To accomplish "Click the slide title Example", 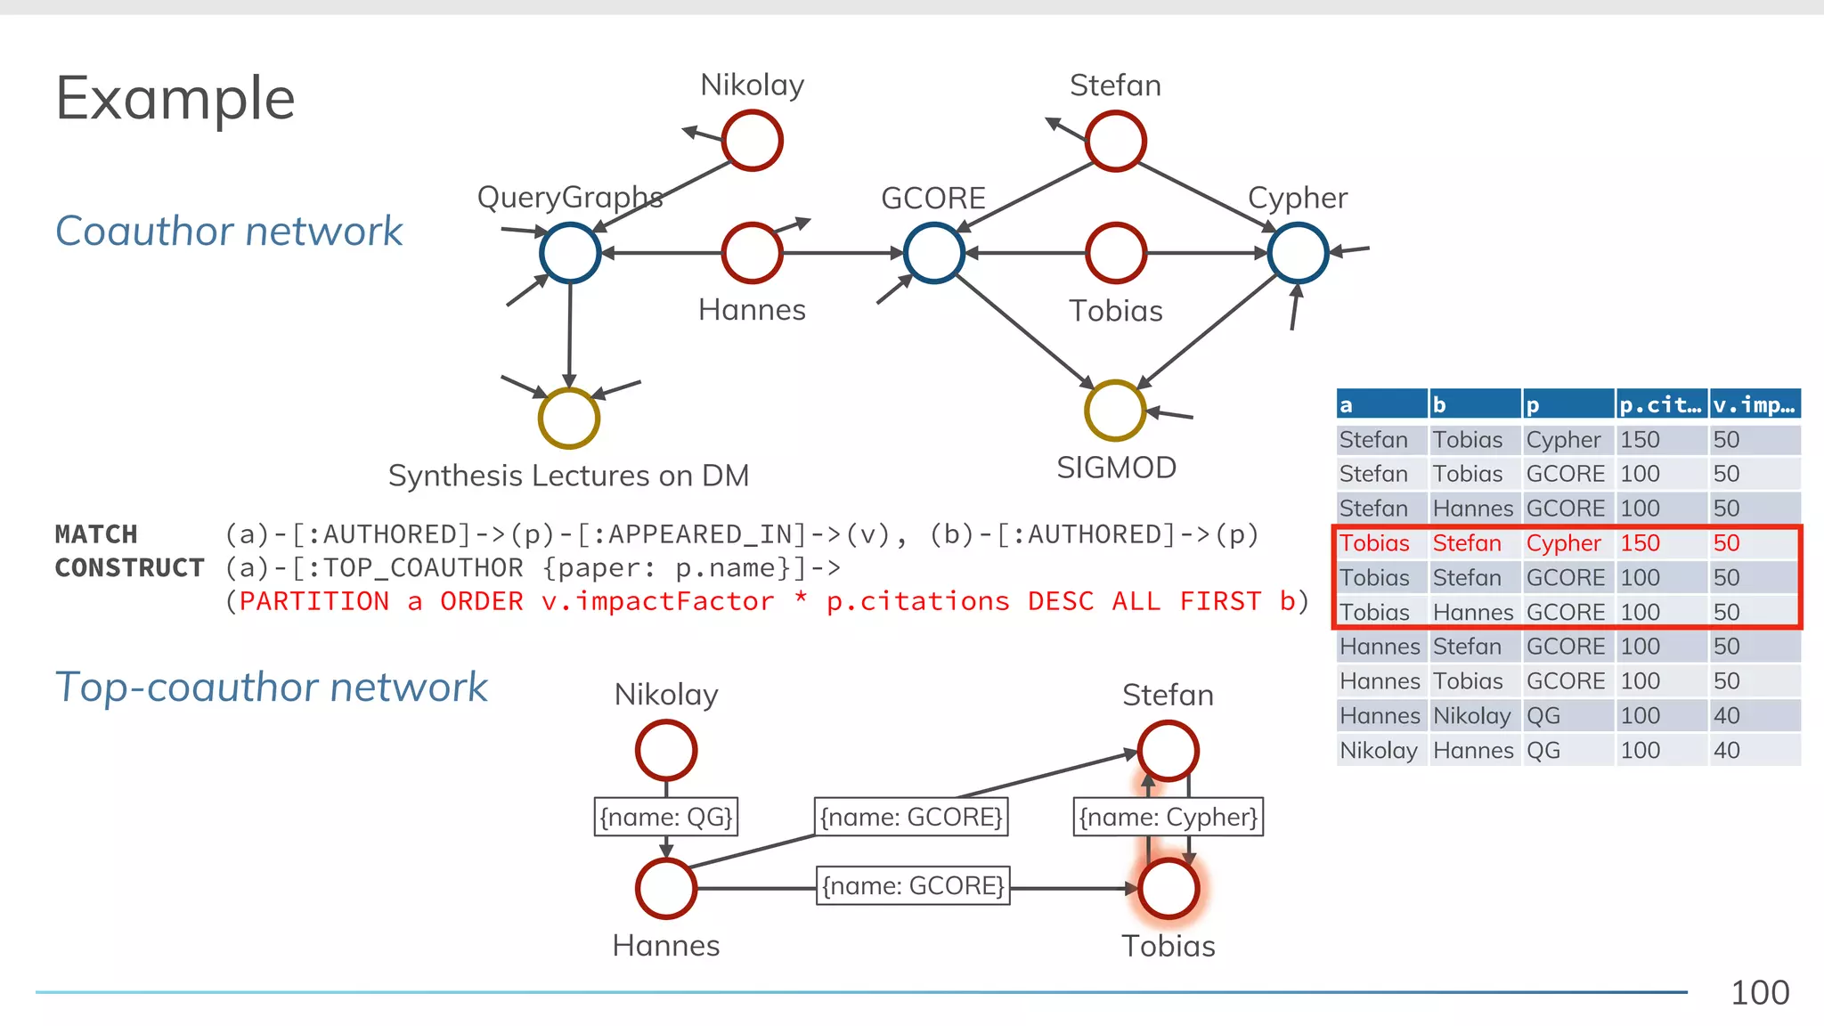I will click(x=175, y=98).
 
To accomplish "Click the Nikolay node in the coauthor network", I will click(x=752, y=141).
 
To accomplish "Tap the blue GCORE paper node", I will click(x=933, y=253).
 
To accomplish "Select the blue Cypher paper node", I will click(x=1298, y=253).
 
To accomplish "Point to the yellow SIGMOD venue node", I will click(x=1114, y=411).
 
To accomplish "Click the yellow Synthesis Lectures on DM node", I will click(x=568, y=418).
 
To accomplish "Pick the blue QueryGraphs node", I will click(x=569, y=253).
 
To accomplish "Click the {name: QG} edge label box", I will click(x=665, y=817).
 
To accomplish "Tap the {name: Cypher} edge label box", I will click(x=1168, y=817).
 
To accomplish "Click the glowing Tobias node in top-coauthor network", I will click(x=1168, y=888).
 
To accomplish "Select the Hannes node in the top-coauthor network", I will click(x=665, y=888).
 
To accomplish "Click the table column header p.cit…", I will click(x=1660, y=405).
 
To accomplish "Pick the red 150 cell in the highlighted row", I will click(x=1640, y=543).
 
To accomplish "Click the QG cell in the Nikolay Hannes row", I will click(x=1543, y=751).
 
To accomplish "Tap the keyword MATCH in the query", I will click(x=96, y=534).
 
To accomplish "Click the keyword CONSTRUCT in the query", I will click(x=129, y=568).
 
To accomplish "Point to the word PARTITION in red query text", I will click(x=314, y=602).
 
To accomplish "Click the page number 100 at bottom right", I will click(x=1759, y=993).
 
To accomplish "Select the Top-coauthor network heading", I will click(x=271, y=688).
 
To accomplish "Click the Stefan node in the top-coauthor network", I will click(x=1168, y=751).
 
